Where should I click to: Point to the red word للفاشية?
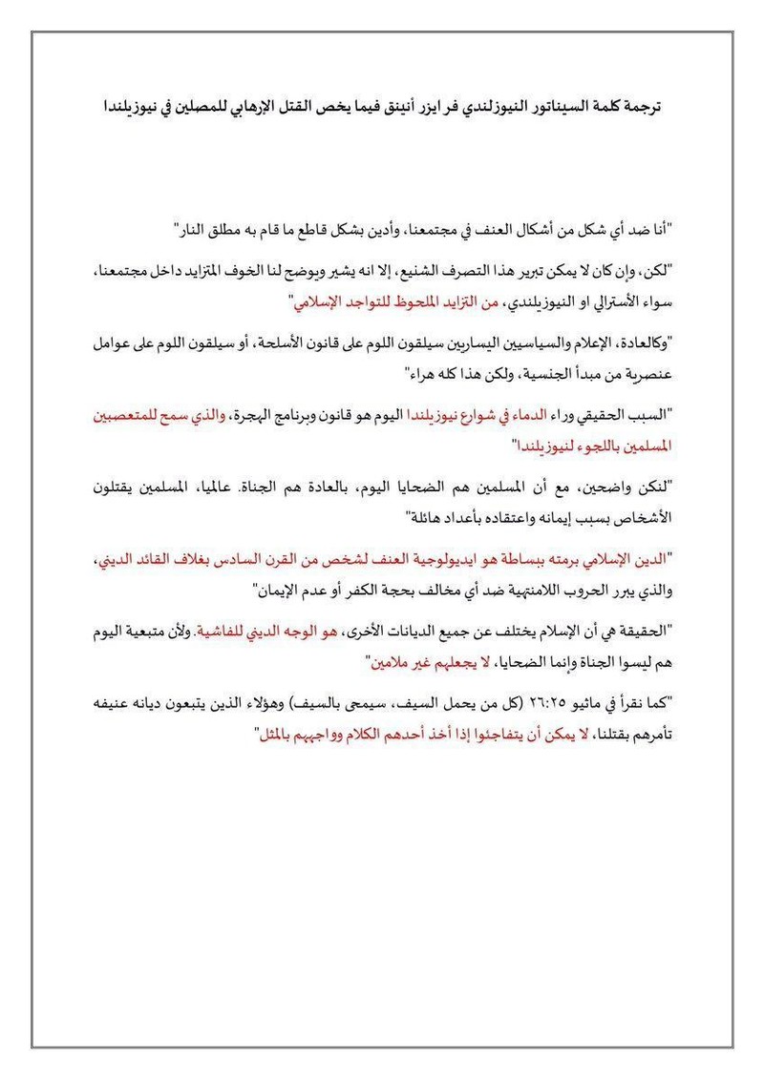[x=223, y=631]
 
